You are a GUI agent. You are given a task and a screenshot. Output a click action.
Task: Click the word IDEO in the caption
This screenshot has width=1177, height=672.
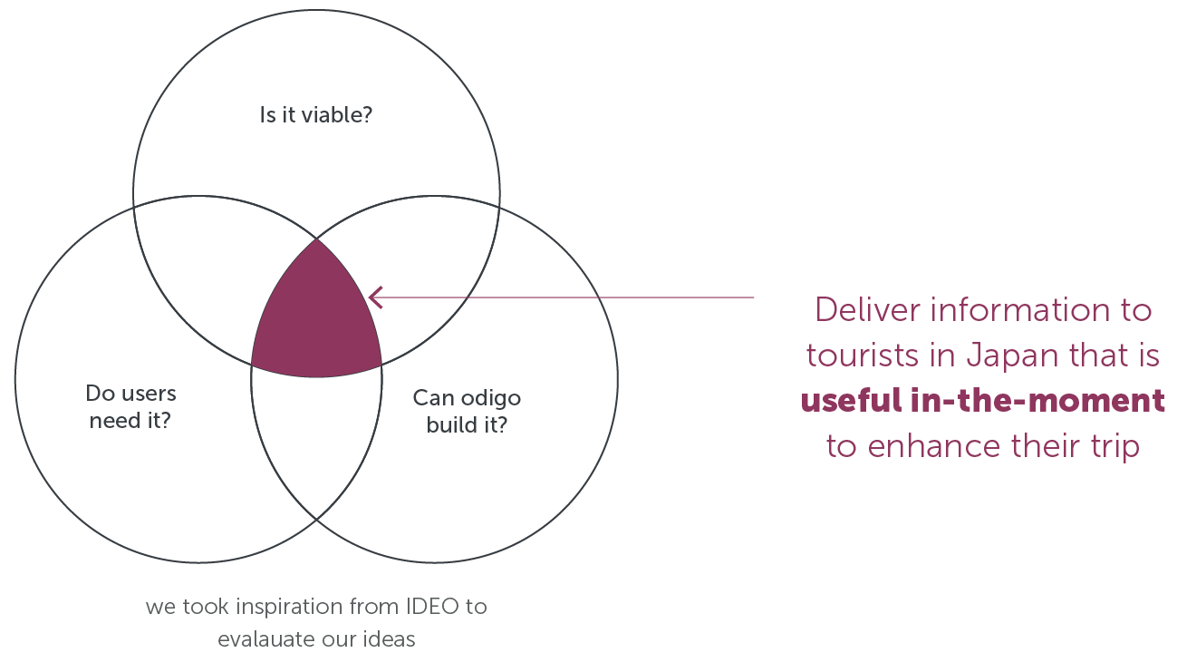click(432, 607)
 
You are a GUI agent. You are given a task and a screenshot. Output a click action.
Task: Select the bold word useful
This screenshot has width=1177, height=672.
click(851, 401)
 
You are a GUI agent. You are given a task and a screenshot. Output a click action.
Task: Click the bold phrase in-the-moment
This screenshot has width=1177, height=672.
click(1037, 401)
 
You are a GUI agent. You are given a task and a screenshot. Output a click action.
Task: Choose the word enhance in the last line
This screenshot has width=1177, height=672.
click(934, 446)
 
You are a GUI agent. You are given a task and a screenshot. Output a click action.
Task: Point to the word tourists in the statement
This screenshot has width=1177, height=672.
click(863, 355)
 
